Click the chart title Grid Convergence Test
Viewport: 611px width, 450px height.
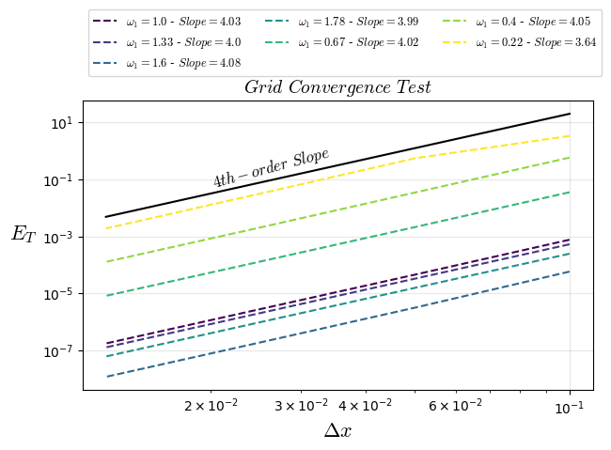tap(337, 87)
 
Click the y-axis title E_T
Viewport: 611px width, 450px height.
tap(23, 234)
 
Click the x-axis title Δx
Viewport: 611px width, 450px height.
tap(337, 430)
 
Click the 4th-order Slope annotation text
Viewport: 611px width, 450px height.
tap(271, 167)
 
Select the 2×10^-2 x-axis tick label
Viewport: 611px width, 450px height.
tap(211, 406)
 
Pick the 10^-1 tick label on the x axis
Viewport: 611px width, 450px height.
tap(570, 406)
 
